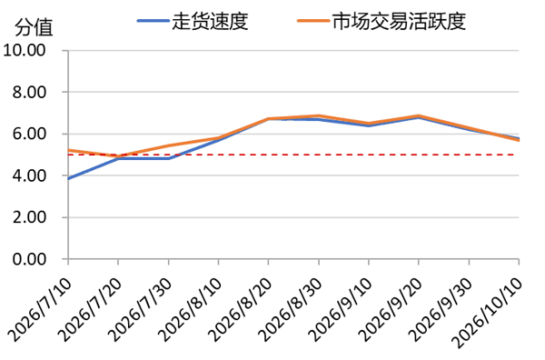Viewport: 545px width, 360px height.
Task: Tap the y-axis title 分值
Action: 34,27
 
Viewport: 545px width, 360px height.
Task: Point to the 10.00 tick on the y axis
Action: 25,50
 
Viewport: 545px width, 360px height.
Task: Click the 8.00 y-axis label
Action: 29,92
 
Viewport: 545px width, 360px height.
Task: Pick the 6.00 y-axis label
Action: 29,134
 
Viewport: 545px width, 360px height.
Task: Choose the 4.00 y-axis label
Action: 29,175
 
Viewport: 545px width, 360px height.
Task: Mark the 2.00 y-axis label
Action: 29,217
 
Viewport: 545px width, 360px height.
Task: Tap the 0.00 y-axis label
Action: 29,259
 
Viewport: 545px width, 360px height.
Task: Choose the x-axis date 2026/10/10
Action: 488,312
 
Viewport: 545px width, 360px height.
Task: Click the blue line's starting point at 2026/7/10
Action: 68,179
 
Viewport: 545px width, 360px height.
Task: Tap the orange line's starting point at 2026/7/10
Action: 68,150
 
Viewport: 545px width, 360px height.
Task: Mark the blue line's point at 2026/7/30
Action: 169,158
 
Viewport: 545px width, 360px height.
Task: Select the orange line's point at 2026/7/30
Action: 169,145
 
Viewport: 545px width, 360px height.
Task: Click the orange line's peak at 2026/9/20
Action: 419,115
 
